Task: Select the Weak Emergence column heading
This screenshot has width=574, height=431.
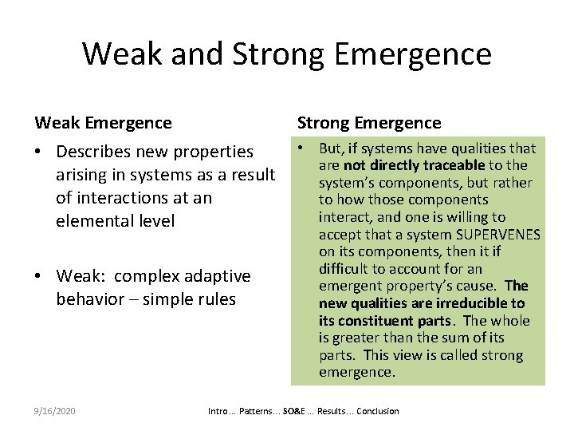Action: pyautogui.click(x=103, y=122)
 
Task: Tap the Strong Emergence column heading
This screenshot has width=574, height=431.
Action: pyautogui.click(x=368, y=122)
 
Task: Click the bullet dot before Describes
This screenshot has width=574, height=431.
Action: pyautogui.click(x=40, y=151)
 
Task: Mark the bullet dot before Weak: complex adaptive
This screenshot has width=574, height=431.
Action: pyautogui.click(x=40, y=276)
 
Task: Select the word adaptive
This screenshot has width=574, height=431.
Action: pyautogui.click(x=219, y=276)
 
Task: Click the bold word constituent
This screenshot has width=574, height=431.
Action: pyautogui.click(x=370, y=321)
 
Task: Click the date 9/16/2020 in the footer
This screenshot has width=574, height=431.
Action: pyautogui.click(x=55, y=411)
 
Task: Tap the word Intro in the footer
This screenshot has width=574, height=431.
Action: pyautogui.click(x=218, y=411)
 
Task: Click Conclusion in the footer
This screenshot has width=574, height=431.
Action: pyautogui.click(x=379, y=411)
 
